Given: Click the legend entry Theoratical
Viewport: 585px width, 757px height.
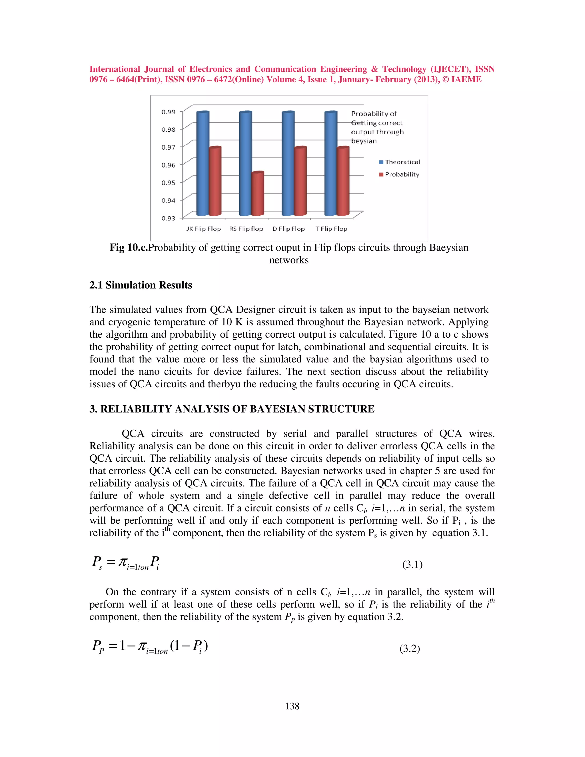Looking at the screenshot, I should pyautogui.click(x=402, y=162).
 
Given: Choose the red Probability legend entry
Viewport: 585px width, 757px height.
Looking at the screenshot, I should pyautogui.click(x=402, y=174).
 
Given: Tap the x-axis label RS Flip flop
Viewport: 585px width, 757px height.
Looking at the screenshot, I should pyautogui.click(x=246, y=229).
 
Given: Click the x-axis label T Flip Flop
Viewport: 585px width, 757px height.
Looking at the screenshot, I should pyautogui.click(x=331, y=229).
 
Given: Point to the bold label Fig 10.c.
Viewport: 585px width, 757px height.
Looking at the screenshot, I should pyautogui.click(x=129, y=247).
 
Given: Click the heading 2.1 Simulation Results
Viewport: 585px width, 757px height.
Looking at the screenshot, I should pyautogui.click(x=141, y=285).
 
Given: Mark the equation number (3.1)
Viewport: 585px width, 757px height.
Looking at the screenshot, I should pyautogui.click(x=412, y=565).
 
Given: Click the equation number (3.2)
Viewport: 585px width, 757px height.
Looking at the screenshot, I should pyautogui.click(x=410, y=648).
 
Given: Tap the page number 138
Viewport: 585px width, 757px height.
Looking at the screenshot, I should pyautogui.click(x=292, y=706).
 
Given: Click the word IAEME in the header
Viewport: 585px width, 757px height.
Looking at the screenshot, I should pyautogui.click(x=466, y=79).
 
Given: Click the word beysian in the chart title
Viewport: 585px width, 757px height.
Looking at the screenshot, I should pyautogui.click(x=364, y=141).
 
